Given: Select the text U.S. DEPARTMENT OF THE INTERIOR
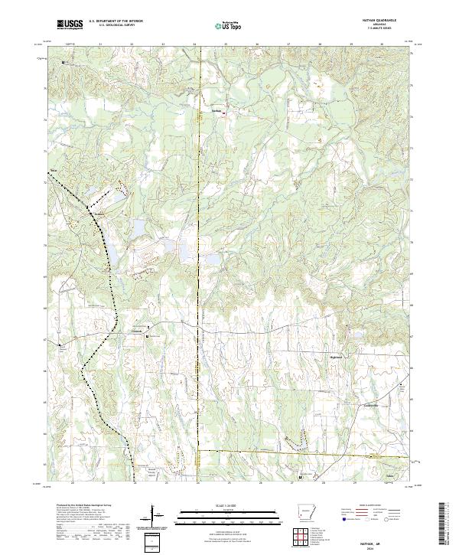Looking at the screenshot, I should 116,21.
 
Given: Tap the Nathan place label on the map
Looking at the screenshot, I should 216,110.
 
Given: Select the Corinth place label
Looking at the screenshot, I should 138,331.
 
